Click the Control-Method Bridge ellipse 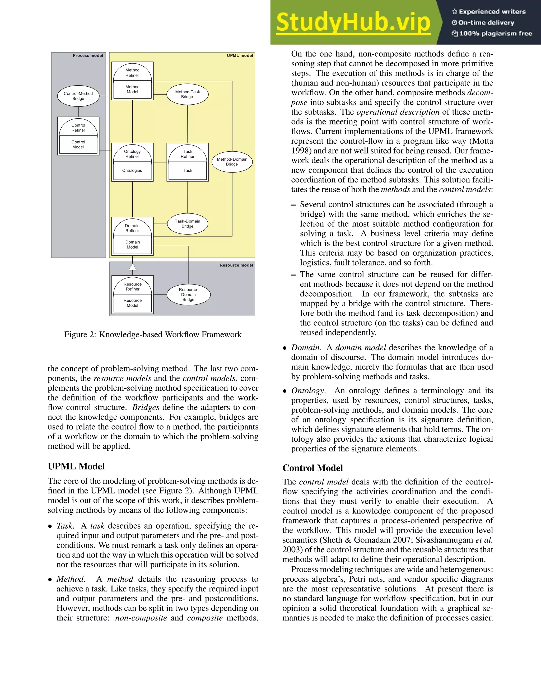click(78, 96)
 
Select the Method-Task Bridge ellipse click(188, 94)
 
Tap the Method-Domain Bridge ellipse click(232, 162)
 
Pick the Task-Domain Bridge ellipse click(188, 224)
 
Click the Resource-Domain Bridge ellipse click(188, 295)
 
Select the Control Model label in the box click(78, 144)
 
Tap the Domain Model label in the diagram click(132, 245)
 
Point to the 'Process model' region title click(88, 55)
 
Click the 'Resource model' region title click(236, 265)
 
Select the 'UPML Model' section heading click(76, 466)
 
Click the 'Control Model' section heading click(313, 468)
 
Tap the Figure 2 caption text click(153, 335)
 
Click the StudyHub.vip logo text click(353, 22)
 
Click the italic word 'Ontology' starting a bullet click(308, 391)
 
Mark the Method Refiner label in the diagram click(132, 73)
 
